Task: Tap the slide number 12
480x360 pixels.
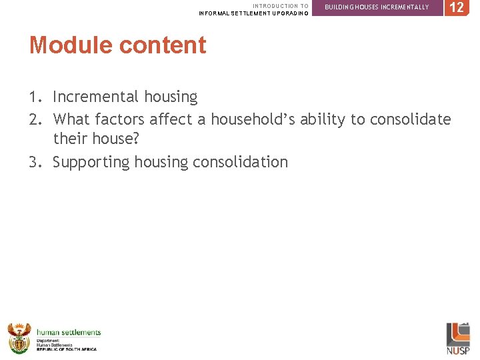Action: pyautogui.click(x=457, y=8)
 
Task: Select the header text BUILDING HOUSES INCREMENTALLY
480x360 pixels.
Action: pyautogui.click(x=377, y=7)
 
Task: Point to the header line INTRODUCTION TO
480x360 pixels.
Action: pyautogui.click(x=280, y=6)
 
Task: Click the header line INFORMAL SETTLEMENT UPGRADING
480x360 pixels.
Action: pyautogui.click(x=253, y=13)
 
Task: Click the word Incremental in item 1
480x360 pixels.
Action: pyautogui.click(x=92, y=97)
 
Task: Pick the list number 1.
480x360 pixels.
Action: pyautogui.click(x=35, y=97)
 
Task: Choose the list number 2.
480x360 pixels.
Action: pyautogui.click(x=35, y=119)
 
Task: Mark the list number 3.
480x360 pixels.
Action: pyautogui.click(x=35, y=162)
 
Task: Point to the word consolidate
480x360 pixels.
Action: pyautogui.click(x=410, y=119)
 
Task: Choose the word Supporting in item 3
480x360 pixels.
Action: pyautogui.click(x=91, y=163)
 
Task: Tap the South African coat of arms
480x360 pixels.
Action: pyautogui.click(x=19, y=338)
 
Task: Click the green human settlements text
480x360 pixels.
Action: pyautogui.click(x=69, y=332)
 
